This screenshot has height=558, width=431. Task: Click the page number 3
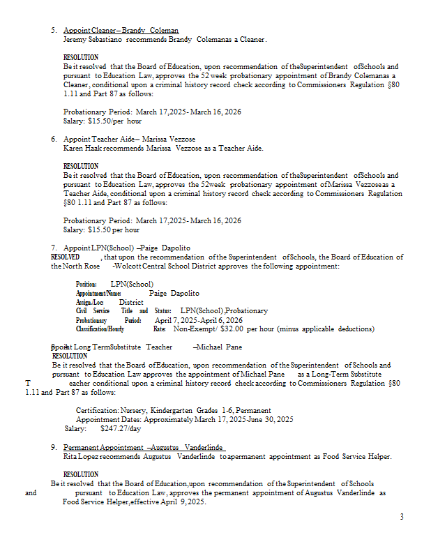click(x=402, y=517)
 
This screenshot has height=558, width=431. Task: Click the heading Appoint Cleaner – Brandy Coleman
click(x=121, y=31)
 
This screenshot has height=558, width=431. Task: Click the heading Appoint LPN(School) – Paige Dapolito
click(x=126, y=248)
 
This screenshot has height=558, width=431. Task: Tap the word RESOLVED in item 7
click(x=65, y=257)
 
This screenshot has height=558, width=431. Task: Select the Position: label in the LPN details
click(x=86, y=284)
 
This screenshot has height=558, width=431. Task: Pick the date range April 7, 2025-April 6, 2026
click(x=199, y=320)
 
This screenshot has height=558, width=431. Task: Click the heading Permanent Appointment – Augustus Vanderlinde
click(x=145, y=446)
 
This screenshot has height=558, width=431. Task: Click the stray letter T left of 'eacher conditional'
click(x=27, y=384)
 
